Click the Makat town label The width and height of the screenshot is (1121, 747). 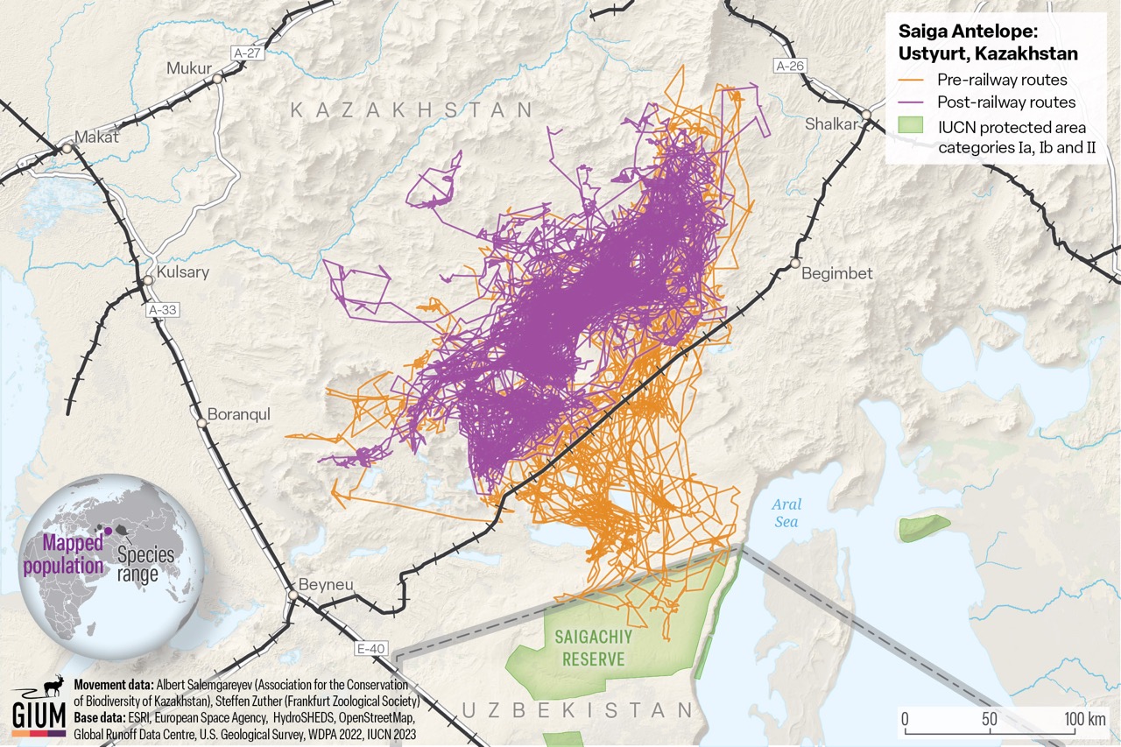click(x=96, y=137)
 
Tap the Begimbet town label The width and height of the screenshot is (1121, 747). click(x=837, y=273)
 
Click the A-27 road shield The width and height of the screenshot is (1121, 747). click(x=248, y=53)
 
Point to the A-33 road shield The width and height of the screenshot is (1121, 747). click(x=163, y=309)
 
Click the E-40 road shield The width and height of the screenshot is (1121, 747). click(x=371, y=649)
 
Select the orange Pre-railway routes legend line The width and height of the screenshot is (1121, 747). click(x=913, y=81)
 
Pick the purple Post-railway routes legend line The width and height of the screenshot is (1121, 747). click(x=913, y=102)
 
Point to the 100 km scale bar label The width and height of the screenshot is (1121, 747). click(x=1084, y=720)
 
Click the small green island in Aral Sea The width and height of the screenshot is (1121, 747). click(x=923, y=527)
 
